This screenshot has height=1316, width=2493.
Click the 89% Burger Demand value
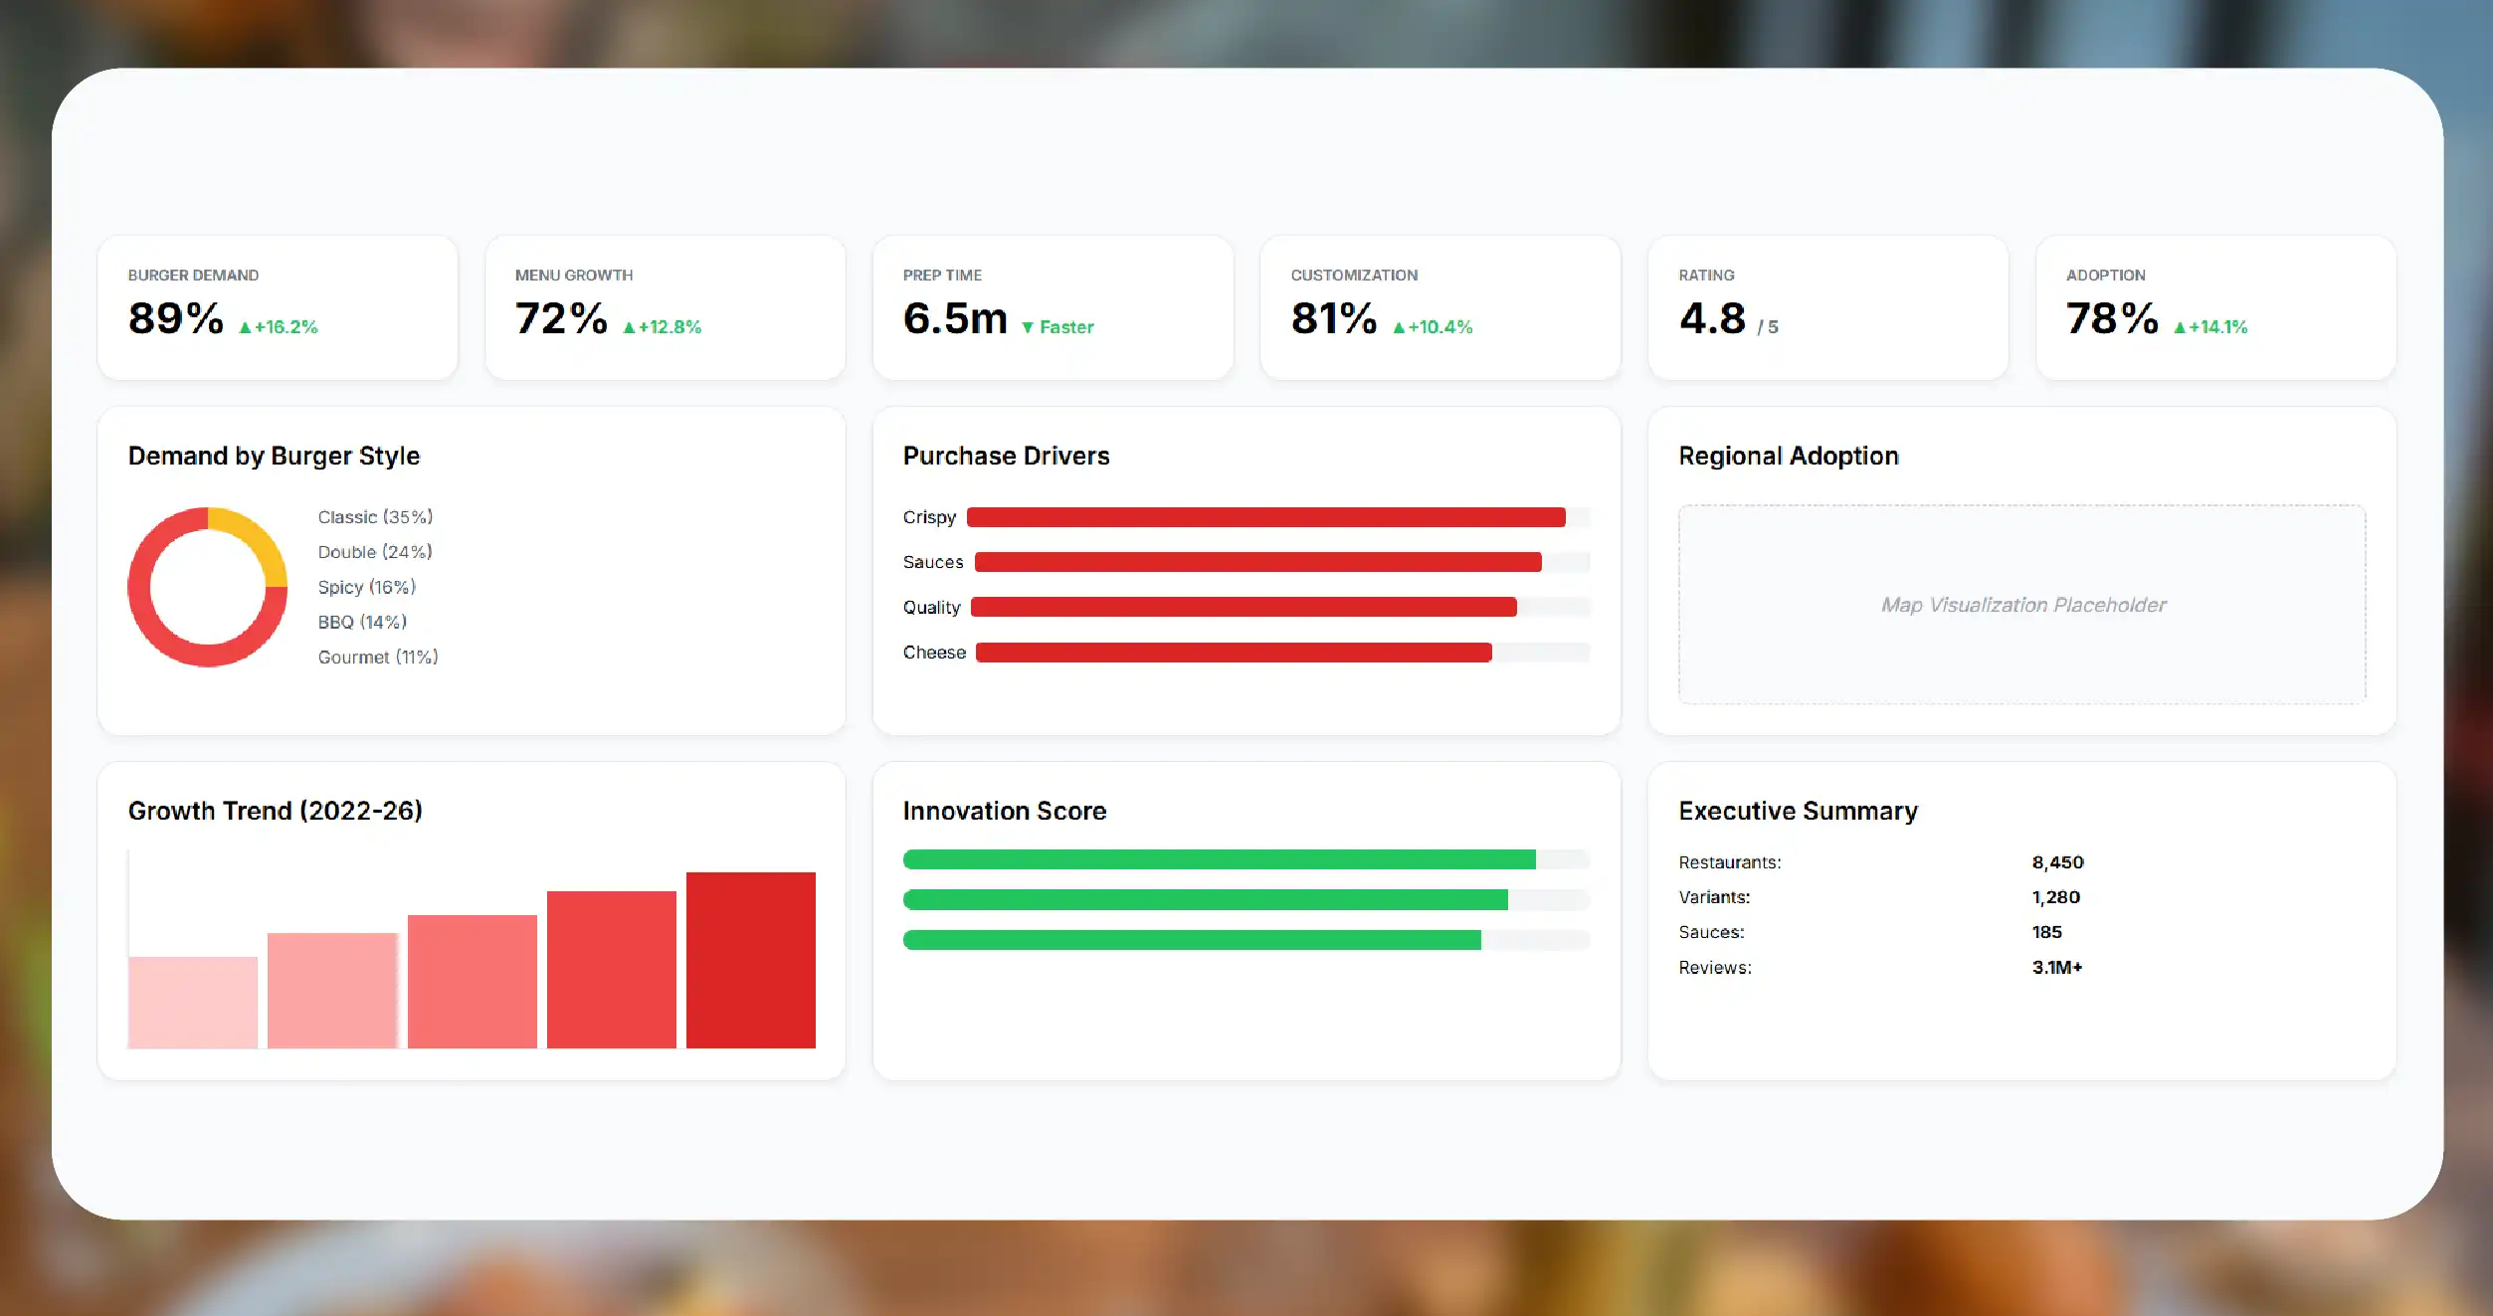pyautogui.click(x=175, y=318)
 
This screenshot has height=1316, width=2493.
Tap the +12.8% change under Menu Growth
pyautogui.click(x=663, y=327)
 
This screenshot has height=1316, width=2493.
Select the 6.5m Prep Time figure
pyautogui.click(x=955, y=318)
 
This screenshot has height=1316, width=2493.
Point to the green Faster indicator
pyautogui.click(x=1057, y=327)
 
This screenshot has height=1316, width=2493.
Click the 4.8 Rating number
pyautogui.click(x=1712, y=318)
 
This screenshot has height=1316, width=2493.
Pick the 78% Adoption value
pyautogui.click(x=2112, y=318)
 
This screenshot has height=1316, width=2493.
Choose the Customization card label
pyautogui.click(x=1354, y=276)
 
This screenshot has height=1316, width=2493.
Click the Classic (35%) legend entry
pyautogui.click(x=375, y=517)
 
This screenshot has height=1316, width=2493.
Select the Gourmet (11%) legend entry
pyautogui.click(x=378, y=658)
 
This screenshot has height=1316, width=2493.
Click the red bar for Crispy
pyautogui.click(x=1266, y=517)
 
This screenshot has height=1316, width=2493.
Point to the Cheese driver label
pyautogui.click(x=934, y=653)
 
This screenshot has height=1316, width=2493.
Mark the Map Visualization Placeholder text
pyautogui.click(x=2023, y=605)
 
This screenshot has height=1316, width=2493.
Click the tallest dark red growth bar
pyautogui.click(x=751, y=960)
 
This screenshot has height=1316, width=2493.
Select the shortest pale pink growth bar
pyautogui.click(x=193, y=1003)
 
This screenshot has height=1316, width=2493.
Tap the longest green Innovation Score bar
pyautogui.click(x=1220, y=859)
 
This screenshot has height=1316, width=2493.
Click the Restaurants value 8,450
pyautogui.click(x=2057, y=862)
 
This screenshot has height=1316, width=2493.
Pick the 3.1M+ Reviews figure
pyautogui.click(x=2057, y=967)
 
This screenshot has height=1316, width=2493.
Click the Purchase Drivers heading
pyautogui.click(x=1007, y=456)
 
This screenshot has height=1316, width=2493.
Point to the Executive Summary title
pyautogui.click(x=1799, y=812)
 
